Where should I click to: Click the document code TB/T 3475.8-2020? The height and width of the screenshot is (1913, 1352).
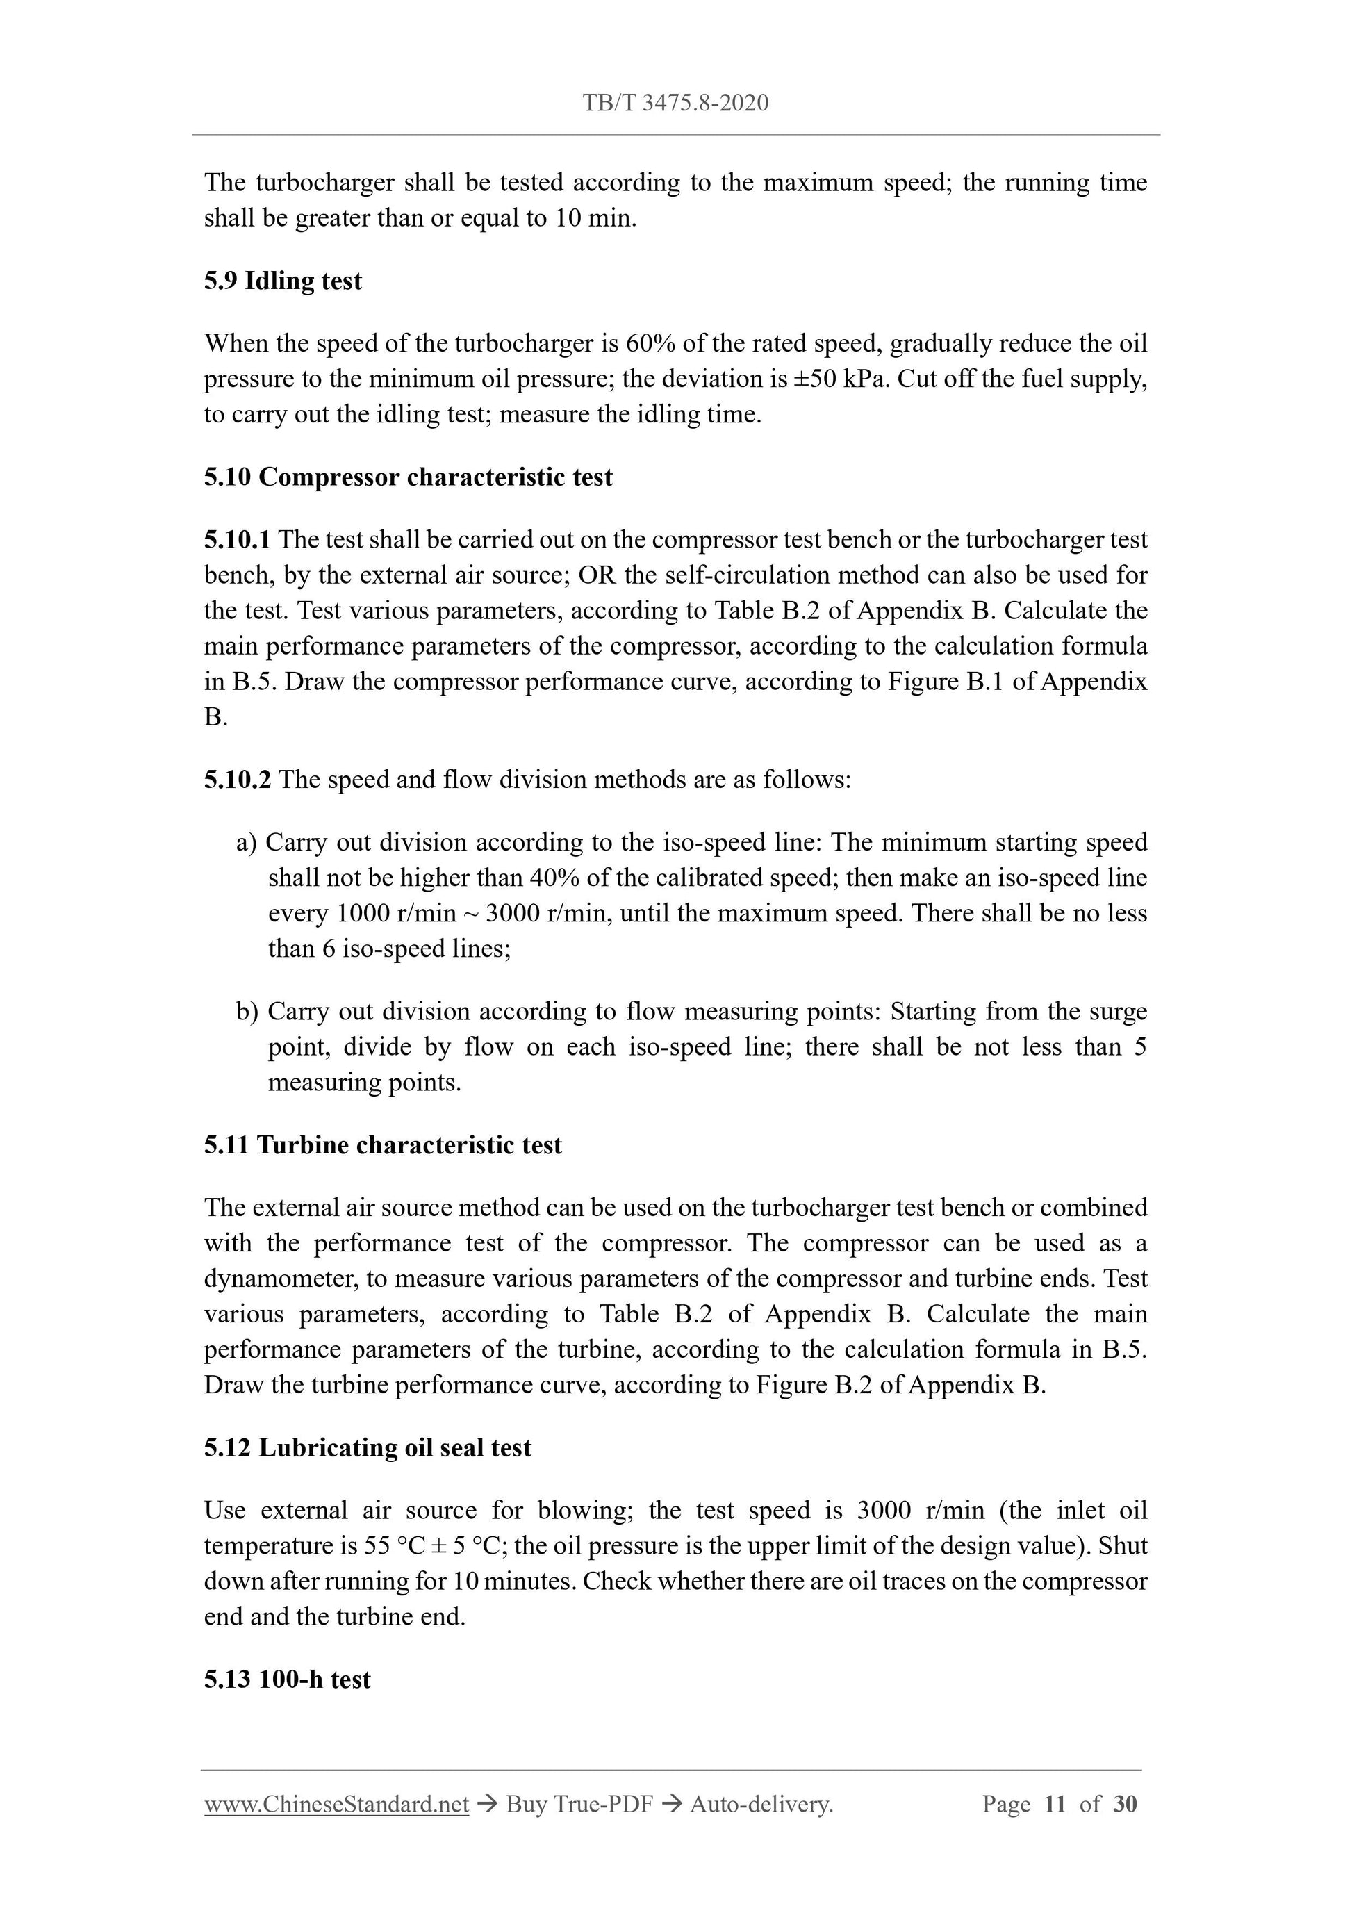pyautogui.click(x=675, y=104)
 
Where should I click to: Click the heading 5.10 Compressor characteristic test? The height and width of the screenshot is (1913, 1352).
pyautogui.click(x=409, y=477)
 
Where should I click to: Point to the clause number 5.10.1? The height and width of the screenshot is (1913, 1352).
pyautogui.click(x=237, y=540)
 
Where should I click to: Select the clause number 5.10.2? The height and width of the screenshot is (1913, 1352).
pyautogui.click(x=237, y=780)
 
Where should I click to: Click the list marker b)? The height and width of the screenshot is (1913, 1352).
pyautogui.click(x=247, y=1012)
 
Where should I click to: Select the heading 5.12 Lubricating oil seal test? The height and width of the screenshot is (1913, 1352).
pyautogui.click(x=368, y=1448)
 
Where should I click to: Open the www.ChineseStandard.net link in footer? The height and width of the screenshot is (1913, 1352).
pyautogui.click(x=336, y=1805)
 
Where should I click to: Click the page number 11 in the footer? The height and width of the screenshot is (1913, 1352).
pyautogui.click(x=1055, y=1805)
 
